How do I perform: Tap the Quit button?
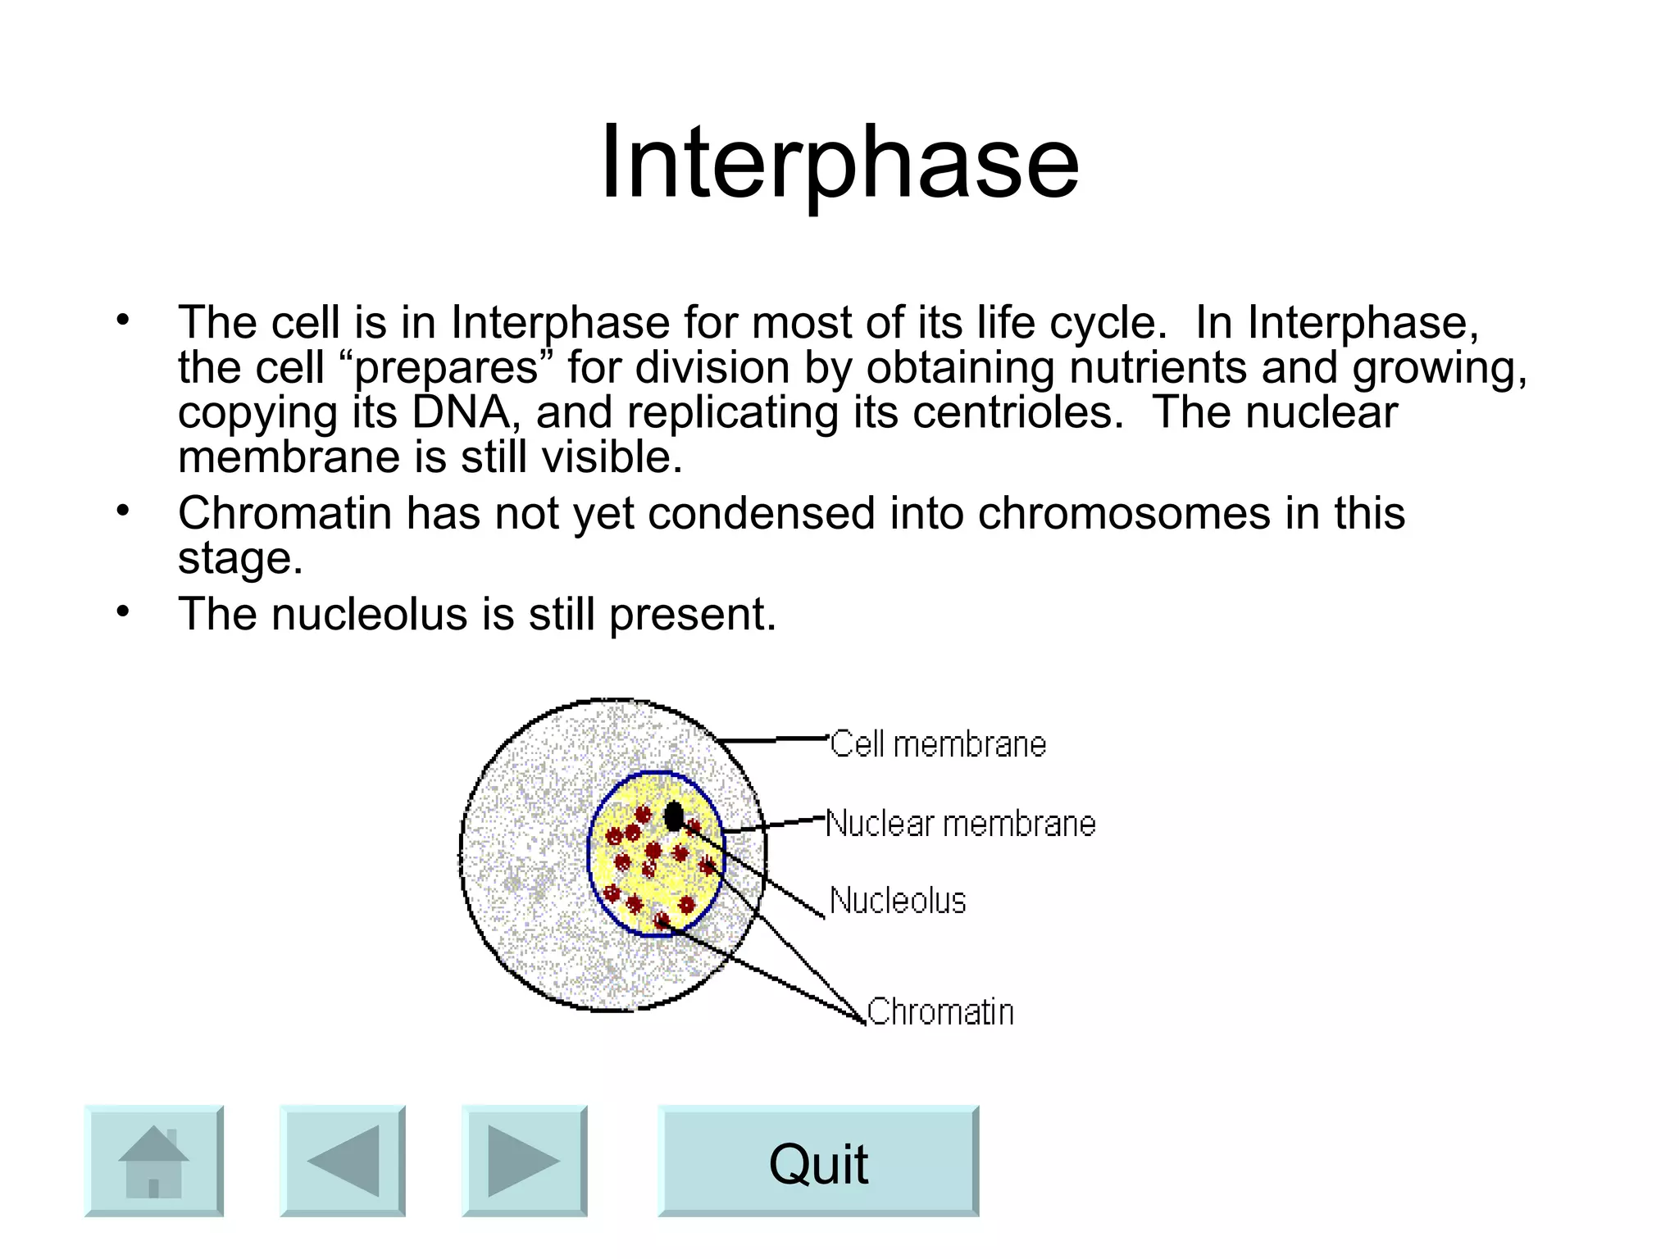click(x=818, y=1161)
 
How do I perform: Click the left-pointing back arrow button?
click(x=343, y=1161)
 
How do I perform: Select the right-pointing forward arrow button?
click(x=524, y=1161)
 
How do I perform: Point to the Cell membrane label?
click(x=938, y=744)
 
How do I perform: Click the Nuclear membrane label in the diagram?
click(x=961, y=823)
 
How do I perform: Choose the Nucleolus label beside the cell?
click(x=898, y=900)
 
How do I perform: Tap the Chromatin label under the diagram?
click(x=940, y=1011)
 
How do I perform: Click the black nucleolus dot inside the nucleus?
click(x=674, y=816)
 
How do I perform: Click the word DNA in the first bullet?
click(x=462, y=411)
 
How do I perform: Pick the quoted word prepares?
click(x=447, y=367)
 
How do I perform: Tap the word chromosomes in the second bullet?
click(x=1124, y=513)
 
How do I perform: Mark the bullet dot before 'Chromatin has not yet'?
click(x=123, y=511)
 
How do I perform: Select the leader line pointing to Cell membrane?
click(x=775, y=739)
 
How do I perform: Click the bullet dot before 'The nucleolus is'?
click(x=123, y=611)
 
